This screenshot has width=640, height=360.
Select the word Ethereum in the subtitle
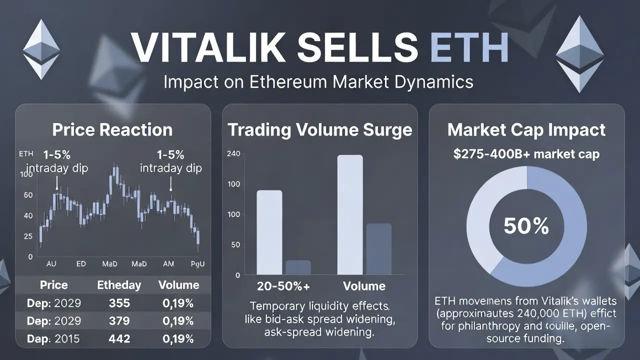pos(270,81)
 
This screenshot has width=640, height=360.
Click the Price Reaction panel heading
pos(112,130)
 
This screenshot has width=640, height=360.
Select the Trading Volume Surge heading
pos(320,130)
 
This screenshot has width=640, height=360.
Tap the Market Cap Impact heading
pos(526,130)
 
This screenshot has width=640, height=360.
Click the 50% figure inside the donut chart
pos(526,226)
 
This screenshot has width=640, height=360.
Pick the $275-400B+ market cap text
pos(526,154)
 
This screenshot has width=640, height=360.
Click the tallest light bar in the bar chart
pos(350,215)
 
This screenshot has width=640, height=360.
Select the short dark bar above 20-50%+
pos(298,267)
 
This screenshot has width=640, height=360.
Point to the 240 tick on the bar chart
pos(233,153)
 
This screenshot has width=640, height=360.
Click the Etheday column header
pos(119,285)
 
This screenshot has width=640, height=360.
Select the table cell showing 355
pos(119,303)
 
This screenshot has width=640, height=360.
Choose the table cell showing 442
pos(119,339)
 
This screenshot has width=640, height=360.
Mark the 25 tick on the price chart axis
pos(27,235)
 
